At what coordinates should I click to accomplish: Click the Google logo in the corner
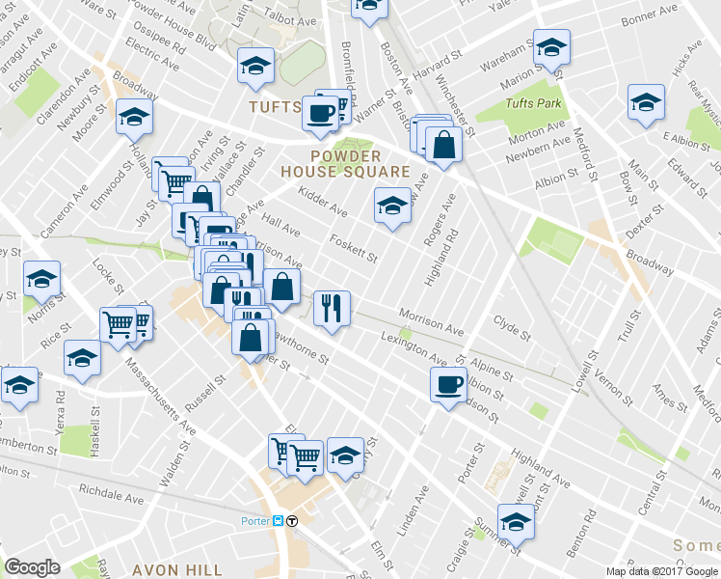[33, 567]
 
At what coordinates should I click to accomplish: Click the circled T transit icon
[292, 521]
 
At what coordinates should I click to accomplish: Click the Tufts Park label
[531, 102]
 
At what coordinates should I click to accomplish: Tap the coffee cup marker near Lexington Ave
[448, 384]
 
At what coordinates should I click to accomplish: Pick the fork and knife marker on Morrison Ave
[332, 308]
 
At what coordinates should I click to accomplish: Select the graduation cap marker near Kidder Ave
[392, 206]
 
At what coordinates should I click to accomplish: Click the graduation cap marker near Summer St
[516, 522]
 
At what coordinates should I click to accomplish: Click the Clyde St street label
[512, 328]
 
